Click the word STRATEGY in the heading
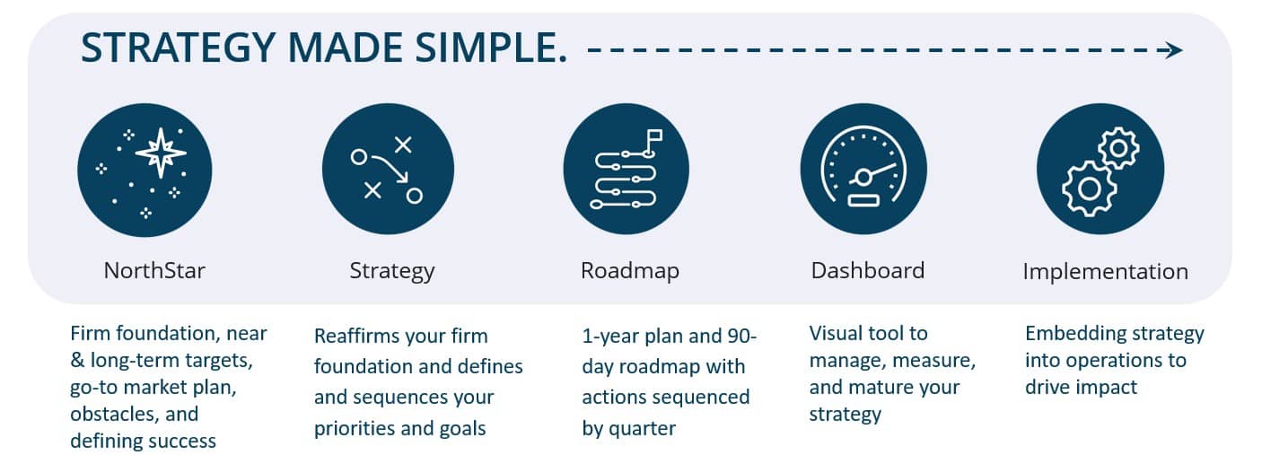coord(178,48)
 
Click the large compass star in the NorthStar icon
coord(161,153)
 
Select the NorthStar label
coord(154,270)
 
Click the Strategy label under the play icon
coord(392,271)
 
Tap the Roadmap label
coord(630,271)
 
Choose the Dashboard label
coord(868,270)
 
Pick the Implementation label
coord(1106,272)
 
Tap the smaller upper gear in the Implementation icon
coord(1119,148)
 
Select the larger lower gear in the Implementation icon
coord(1089,188)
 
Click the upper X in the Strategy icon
coord(403,145)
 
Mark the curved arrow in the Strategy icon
coord(390,169)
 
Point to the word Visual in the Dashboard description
coord(836,333)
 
